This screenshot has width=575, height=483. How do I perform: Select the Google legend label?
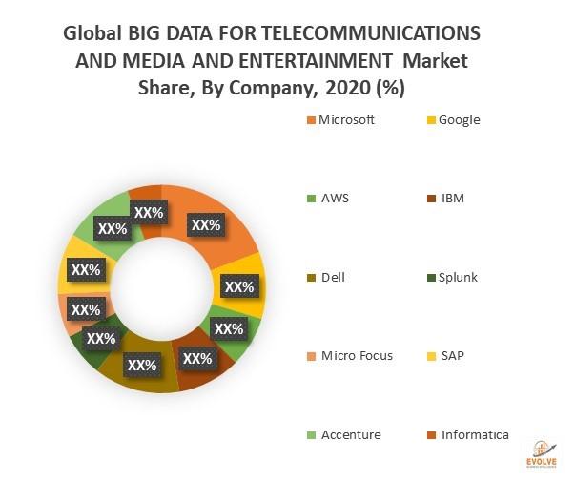pos(459,120)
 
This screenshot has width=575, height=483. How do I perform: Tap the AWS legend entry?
pos(333,199)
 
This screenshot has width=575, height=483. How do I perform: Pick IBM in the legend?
pos(451,199)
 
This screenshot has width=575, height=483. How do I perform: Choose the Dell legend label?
pos(333,277)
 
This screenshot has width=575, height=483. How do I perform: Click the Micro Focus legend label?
pos(355,356)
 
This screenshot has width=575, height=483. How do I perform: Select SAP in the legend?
pos(453,356)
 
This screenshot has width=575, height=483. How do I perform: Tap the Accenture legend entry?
pos(349,434)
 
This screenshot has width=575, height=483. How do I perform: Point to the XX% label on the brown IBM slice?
pos(196,359)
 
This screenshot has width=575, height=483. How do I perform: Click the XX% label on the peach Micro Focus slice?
pos(86,310)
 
